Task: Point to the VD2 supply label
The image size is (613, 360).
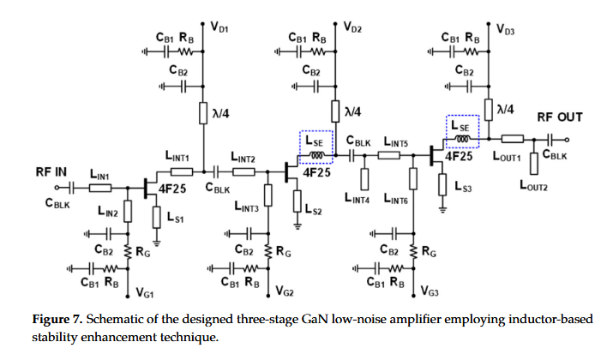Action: pyautogui.click(x=352, y=28)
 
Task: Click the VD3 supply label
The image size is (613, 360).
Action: pyautogui.click(x=507, y=28)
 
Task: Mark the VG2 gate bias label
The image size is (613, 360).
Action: pyautogui.click(x=285, y=292)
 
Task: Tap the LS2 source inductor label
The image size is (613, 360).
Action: pyautogui.click(x=314, y=210)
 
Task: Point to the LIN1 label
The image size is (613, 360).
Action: pyautogui.click(x=99, y=176)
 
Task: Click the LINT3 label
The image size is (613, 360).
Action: pyautogui.click(x=247, y=207)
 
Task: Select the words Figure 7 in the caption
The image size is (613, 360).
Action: pyautogui.click(x=58, y=319)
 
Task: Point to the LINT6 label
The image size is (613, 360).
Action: pyautogui.click(x=398, y=199)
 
